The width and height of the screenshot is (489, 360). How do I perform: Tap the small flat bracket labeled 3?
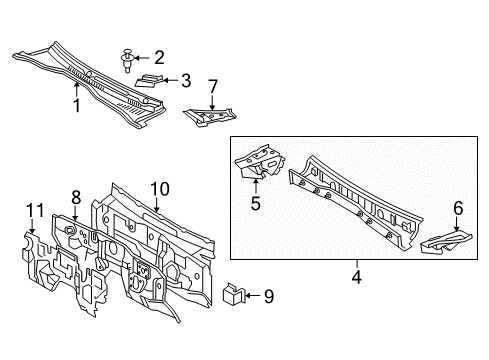pyautogui.click(x=154, y=79)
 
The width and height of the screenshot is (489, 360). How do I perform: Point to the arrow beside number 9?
pyautogui.click(x=251, y=295)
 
